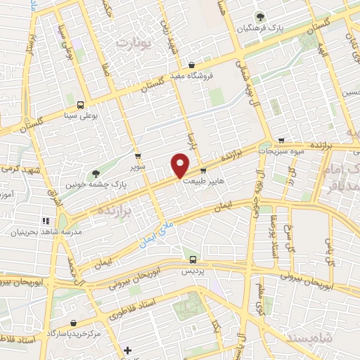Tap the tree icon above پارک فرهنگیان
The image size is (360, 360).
click(x=262, y=16)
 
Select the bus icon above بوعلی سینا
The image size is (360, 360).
click(x=80, y=103)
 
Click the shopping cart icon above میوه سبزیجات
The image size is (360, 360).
click(x=281, y=140)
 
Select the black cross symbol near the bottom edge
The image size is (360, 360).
click(x=127, y=349)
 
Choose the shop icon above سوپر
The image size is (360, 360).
click(x=138, y=156)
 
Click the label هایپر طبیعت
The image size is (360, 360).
click(x=203, y=181)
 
